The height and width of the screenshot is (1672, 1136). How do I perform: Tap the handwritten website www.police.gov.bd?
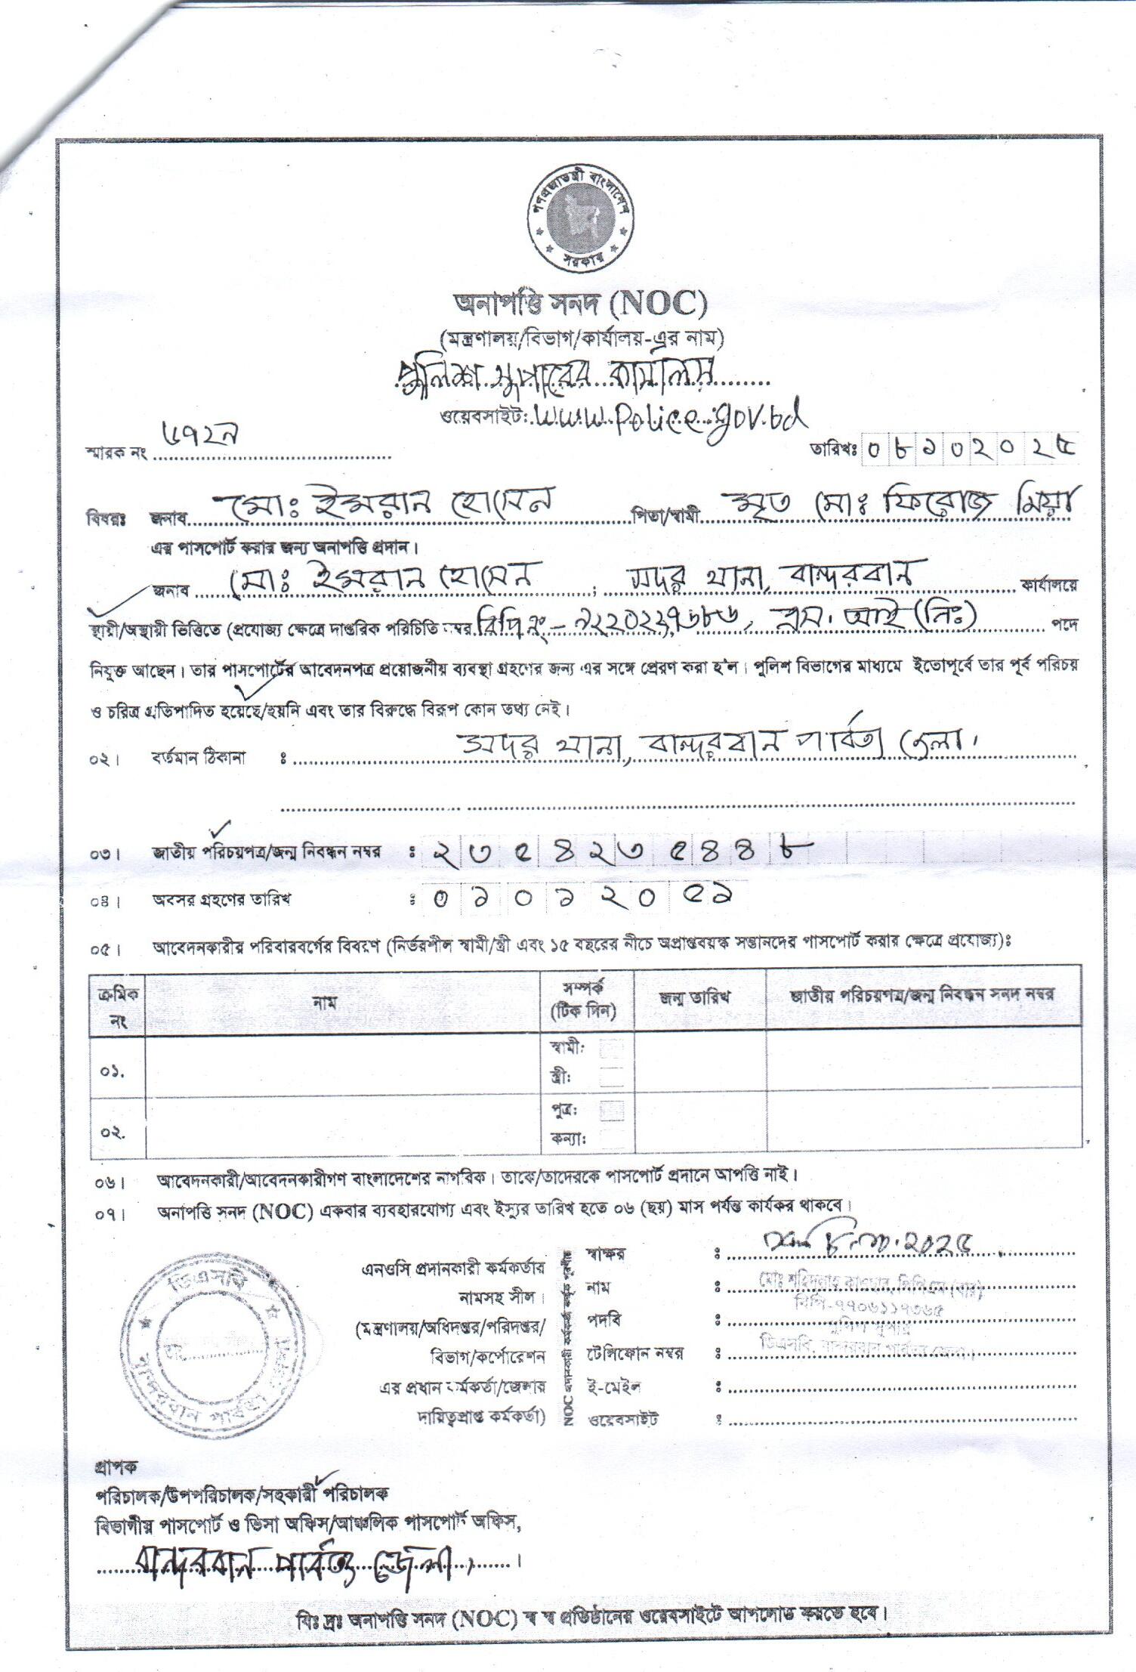pos(669,415)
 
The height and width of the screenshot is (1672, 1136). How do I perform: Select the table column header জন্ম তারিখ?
pos(699,997)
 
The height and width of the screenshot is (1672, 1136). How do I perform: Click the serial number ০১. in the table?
pos(113,1072)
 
